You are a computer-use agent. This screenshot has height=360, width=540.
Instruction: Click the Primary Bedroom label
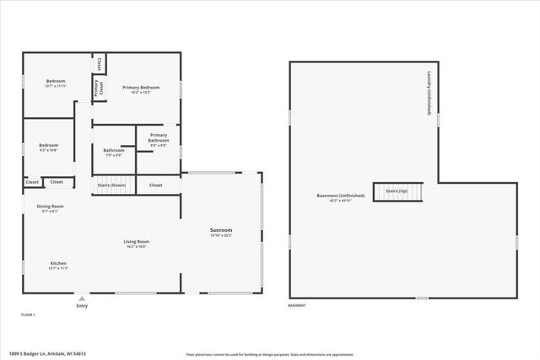[140, 88]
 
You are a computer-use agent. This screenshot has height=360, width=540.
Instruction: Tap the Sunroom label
[221, 230]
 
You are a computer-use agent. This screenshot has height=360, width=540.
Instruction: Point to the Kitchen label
[58, 264]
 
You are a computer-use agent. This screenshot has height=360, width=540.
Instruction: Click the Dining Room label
[50, 207]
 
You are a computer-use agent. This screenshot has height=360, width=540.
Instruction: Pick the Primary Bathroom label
[159, 137]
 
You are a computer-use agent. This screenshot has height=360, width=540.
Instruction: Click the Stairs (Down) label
[112, 185]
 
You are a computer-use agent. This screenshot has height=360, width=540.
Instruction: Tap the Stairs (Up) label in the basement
[397, 191]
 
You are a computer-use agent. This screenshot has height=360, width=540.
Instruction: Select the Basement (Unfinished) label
[340, 196]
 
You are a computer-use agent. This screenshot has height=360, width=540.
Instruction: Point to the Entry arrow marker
[82, 298]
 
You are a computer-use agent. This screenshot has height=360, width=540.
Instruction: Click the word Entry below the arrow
[82, 306]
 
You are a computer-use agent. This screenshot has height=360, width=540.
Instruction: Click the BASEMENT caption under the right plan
[297, 305]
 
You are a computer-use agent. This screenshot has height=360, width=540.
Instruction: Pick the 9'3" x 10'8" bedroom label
[48, 147]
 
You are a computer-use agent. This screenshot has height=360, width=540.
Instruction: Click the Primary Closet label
[98, 88]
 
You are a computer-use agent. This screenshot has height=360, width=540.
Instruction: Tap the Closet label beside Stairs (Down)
[156, 185]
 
